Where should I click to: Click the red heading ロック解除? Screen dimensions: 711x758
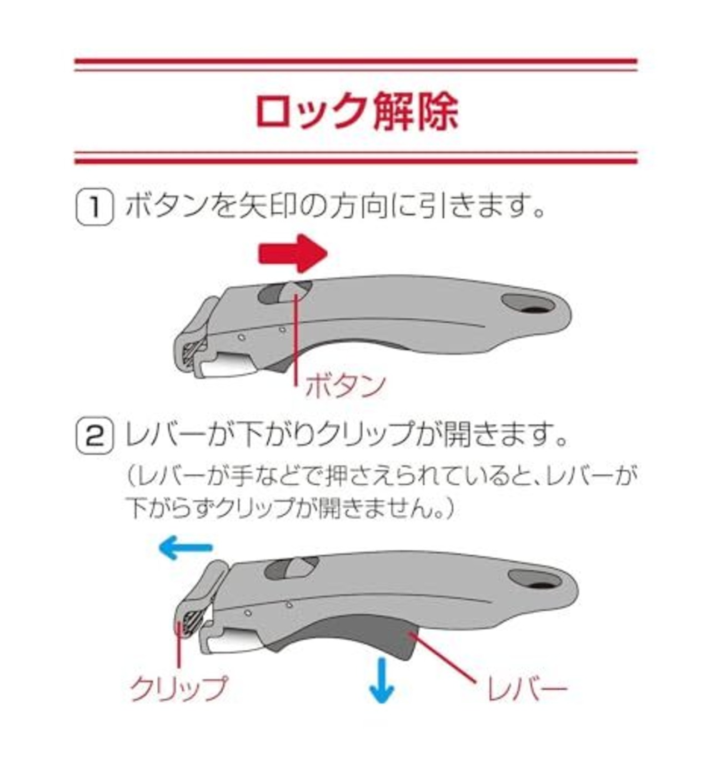357,112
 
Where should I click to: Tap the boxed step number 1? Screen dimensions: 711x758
94,208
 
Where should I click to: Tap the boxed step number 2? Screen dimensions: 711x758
94,439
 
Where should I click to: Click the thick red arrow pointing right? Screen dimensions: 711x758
293,253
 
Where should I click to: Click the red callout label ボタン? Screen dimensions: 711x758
345,385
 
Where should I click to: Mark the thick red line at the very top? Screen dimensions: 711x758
356,61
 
